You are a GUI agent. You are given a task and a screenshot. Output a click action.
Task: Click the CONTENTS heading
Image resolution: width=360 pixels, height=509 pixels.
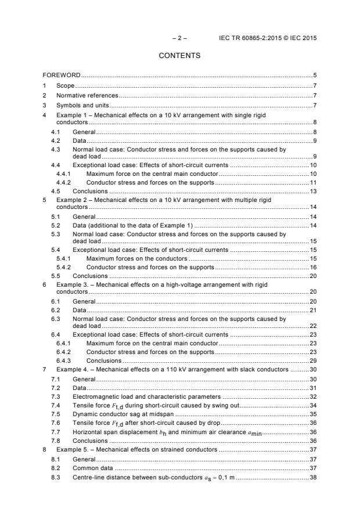tap(179, 56)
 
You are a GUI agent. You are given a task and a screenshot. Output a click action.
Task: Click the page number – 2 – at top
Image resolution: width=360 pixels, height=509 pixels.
tap(179, 38)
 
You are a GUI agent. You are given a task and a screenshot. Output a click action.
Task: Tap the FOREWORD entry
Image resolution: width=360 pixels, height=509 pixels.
tap(62, 75)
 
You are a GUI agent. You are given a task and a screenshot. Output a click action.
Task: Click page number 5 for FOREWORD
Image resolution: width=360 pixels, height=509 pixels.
tap(314, 75)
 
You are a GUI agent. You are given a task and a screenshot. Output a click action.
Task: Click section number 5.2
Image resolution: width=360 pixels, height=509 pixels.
tap(55, 225)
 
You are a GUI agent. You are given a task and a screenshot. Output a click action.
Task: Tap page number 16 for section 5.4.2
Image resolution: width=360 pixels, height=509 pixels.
tap(312, 267)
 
